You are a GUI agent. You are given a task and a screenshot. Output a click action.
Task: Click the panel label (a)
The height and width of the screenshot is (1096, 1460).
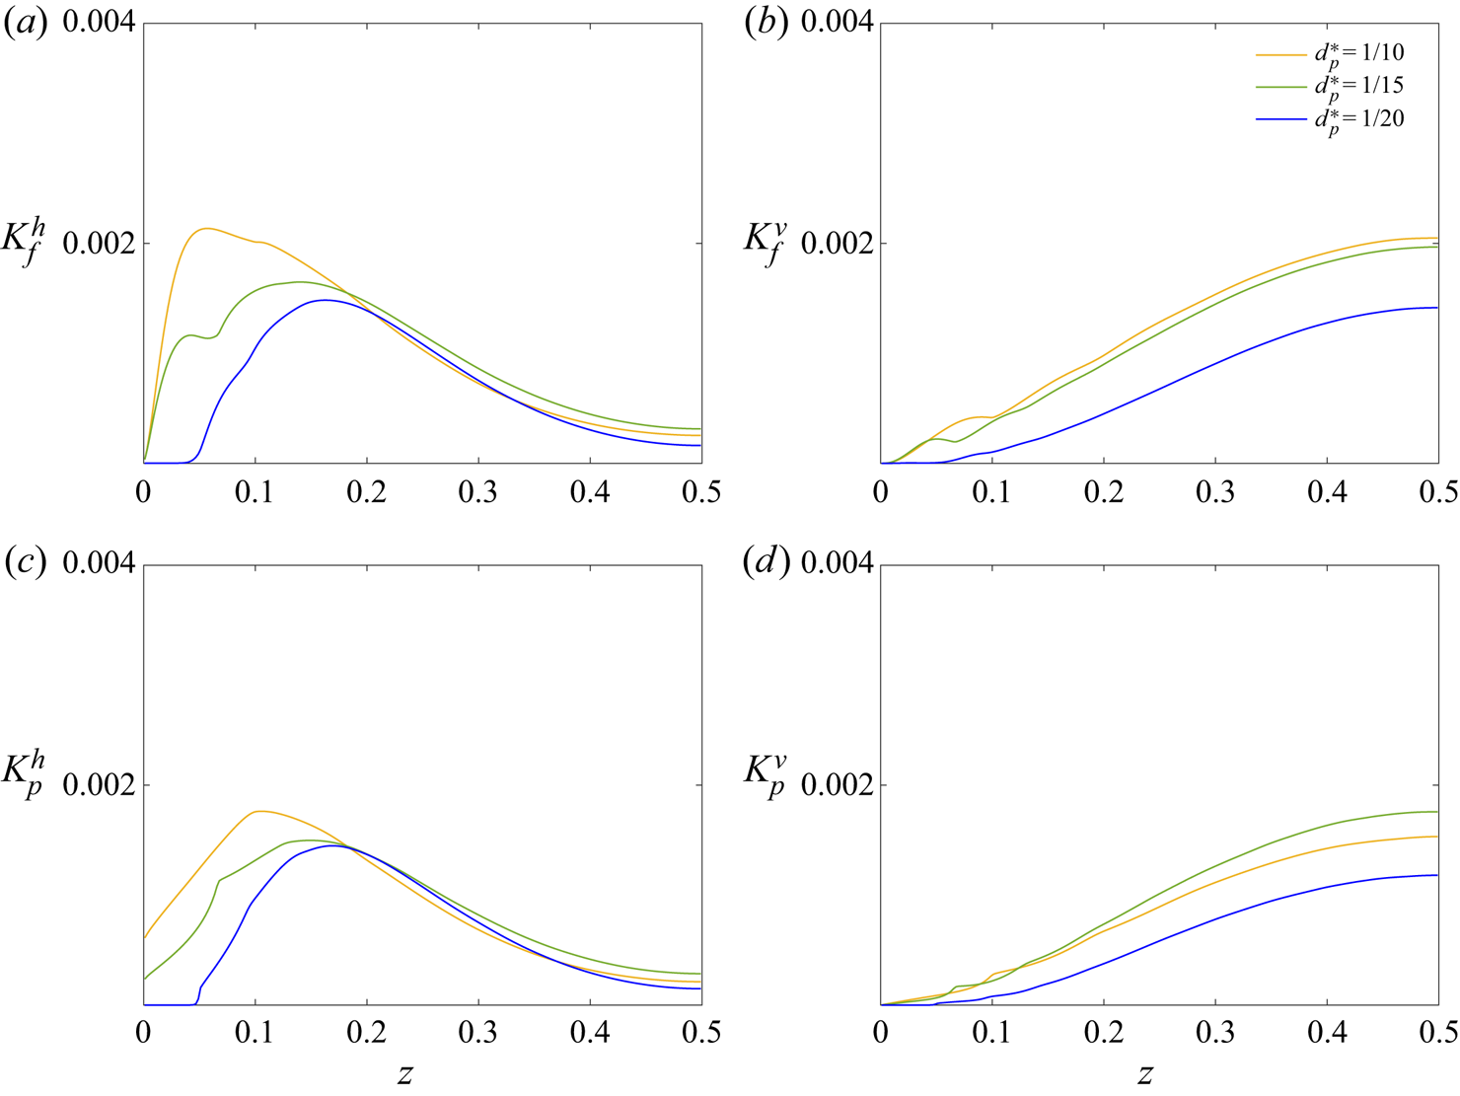[27, 23]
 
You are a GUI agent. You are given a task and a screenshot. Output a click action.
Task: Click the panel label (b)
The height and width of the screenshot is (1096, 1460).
[766, 23]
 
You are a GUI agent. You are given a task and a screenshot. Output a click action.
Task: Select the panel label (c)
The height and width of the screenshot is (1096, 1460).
[27, 563]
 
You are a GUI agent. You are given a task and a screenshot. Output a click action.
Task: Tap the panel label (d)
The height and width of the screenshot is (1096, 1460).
[766, 563]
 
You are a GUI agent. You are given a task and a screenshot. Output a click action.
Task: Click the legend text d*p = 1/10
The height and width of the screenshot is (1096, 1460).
[1358, 55]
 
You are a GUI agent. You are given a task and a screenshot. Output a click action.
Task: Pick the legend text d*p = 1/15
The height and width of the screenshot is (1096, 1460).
[1358, 88]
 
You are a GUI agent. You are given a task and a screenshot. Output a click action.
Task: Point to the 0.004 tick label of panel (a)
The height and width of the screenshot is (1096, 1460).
[99, 23]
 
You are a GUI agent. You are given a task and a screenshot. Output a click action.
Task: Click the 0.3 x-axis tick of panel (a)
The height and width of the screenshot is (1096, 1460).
[478, 491]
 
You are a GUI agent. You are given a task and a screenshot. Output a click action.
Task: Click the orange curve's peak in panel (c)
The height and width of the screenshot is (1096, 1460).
[258, 811]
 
